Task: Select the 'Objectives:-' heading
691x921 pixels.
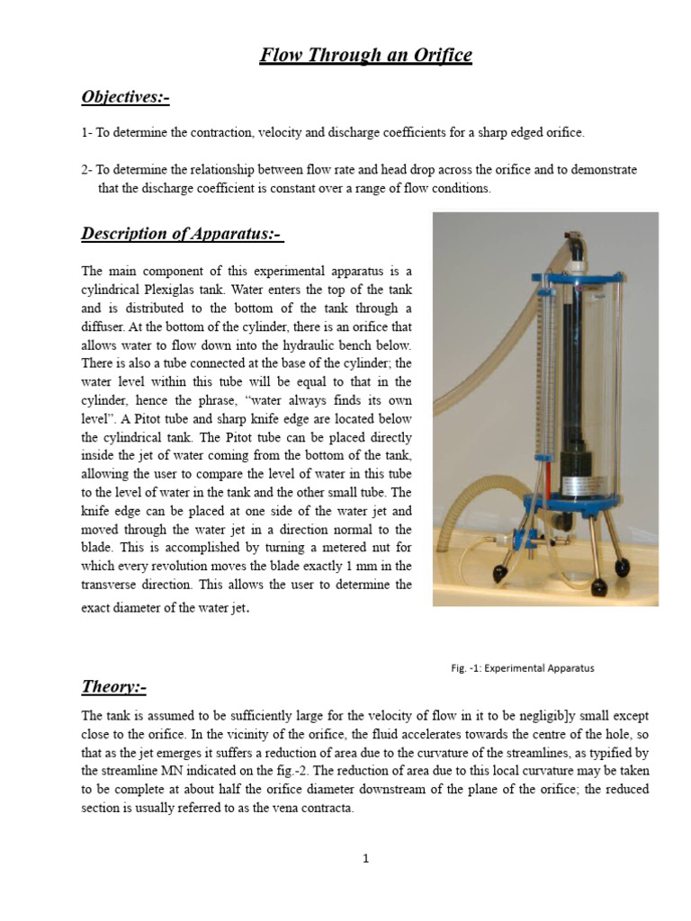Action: (x=125, y=97)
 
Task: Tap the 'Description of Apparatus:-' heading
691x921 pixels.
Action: (x=182, y=234)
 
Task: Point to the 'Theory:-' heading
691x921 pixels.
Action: (x=113, y=687)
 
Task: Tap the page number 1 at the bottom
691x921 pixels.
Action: (x=366, y=859)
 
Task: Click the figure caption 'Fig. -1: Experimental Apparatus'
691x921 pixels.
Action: (x=522, y=668)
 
